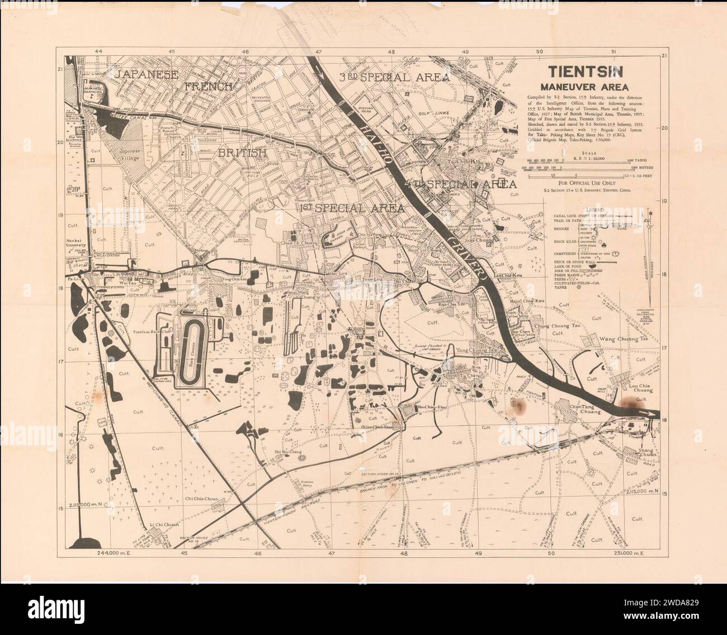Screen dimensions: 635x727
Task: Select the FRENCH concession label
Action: [x=208, y=86]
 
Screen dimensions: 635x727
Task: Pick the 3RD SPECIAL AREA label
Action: [x=395, y=77]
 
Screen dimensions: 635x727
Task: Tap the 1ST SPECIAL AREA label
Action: [x=352, y=208]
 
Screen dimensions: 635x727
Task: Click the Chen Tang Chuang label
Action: [x=584, y=408]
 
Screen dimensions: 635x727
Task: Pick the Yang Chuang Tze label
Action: [x=477, y=350]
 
